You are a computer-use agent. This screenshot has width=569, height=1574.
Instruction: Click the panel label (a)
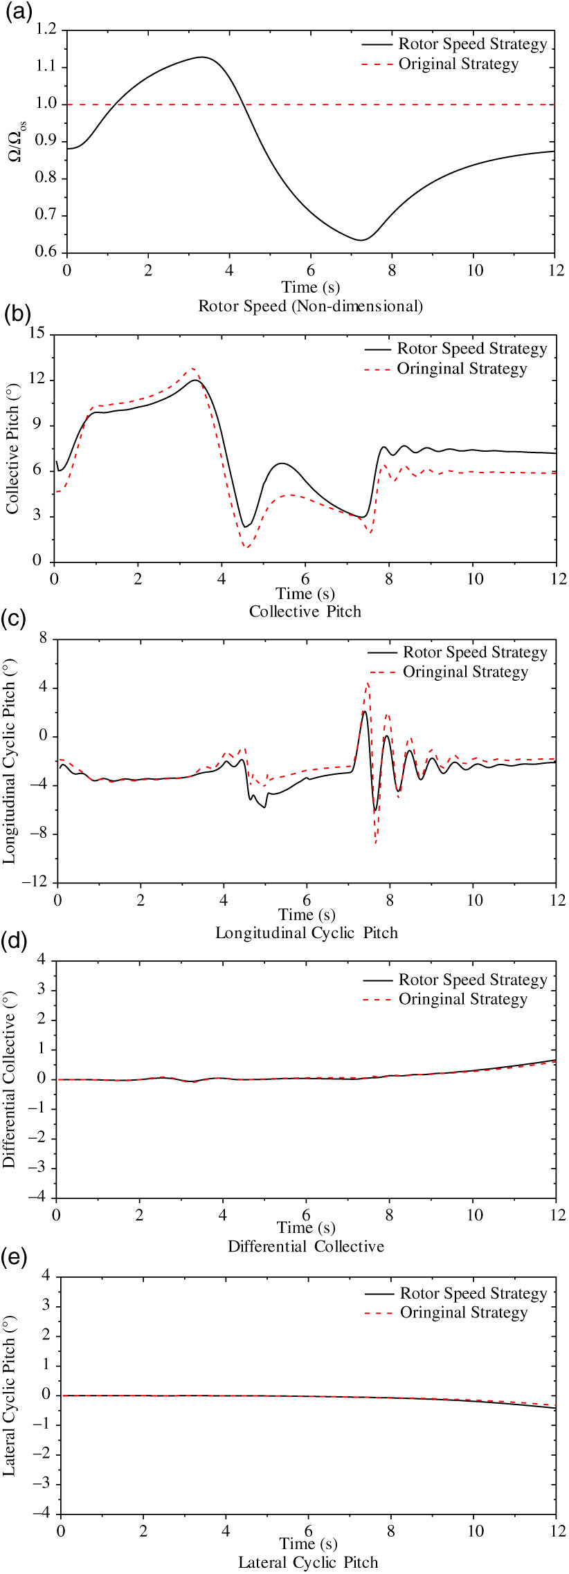[x=19, y=13]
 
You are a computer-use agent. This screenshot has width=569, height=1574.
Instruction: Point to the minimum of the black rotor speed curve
[x=361, y=240]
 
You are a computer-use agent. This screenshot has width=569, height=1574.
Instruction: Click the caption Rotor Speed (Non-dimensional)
[x=310, y=306]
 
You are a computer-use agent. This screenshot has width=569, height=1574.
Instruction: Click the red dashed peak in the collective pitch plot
[x=193, y=368]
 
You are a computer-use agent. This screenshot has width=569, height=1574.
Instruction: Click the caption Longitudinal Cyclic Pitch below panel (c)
[x=307, y=933]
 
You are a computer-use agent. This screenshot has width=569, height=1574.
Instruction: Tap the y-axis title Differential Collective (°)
[x=9, y=1080]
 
